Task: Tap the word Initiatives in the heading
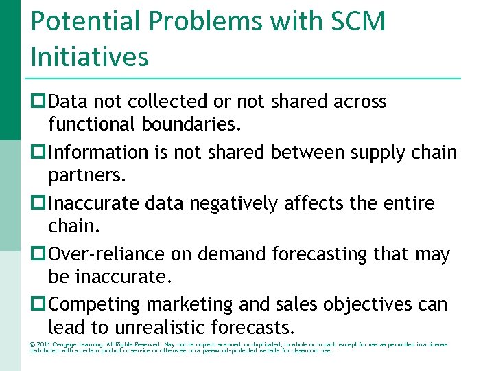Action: pyautogui.click(x=89, y=56)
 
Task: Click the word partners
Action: pyautogui.click(x=87, y=175)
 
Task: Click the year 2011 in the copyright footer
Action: pyautogui.click(x=44, y=344)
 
